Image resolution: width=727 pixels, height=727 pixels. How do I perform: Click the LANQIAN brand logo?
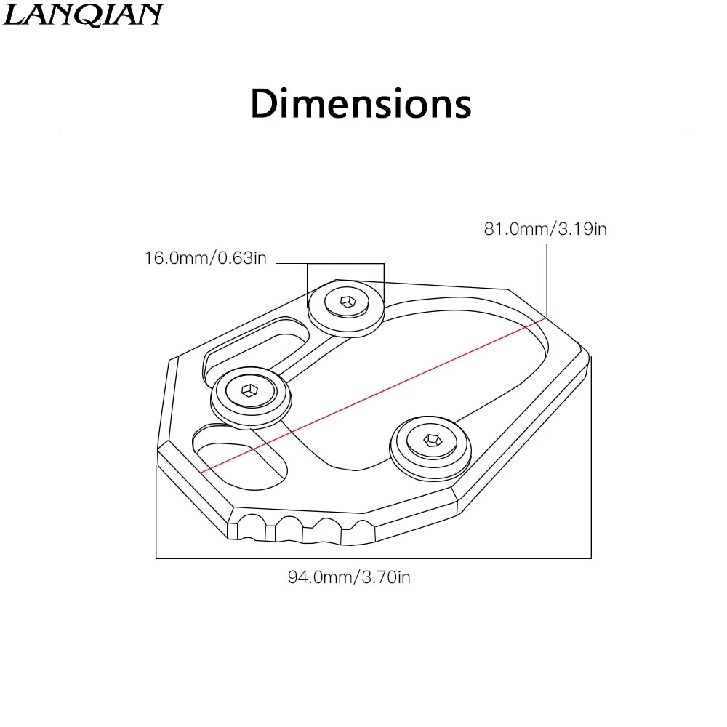[x=83, y=15]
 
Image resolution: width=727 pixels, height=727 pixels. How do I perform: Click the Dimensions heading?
[x=361, y=103]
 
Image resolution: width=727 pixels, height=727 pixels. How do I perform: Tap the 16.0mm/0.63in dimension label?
[x=206, y=258]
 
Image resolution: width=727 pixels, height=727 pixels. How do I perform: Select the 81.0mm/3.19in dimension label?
[x=545, y=228]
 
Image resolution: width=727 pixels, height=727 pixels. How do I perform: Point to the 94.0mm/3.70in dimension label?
[x=349, y=577]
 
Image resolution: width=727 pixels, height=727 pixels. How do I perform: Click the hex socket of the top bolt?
[x=348, y=302]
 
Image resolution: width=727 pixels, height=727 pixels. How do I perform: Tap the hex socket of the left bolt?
[x=250, y=390]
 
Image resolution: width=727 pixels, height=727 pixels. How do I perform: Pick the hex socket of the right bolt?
[x=433, y=440]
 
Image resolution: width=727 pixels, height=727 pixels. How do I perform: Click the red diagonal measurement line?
[x=374, y=395]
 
